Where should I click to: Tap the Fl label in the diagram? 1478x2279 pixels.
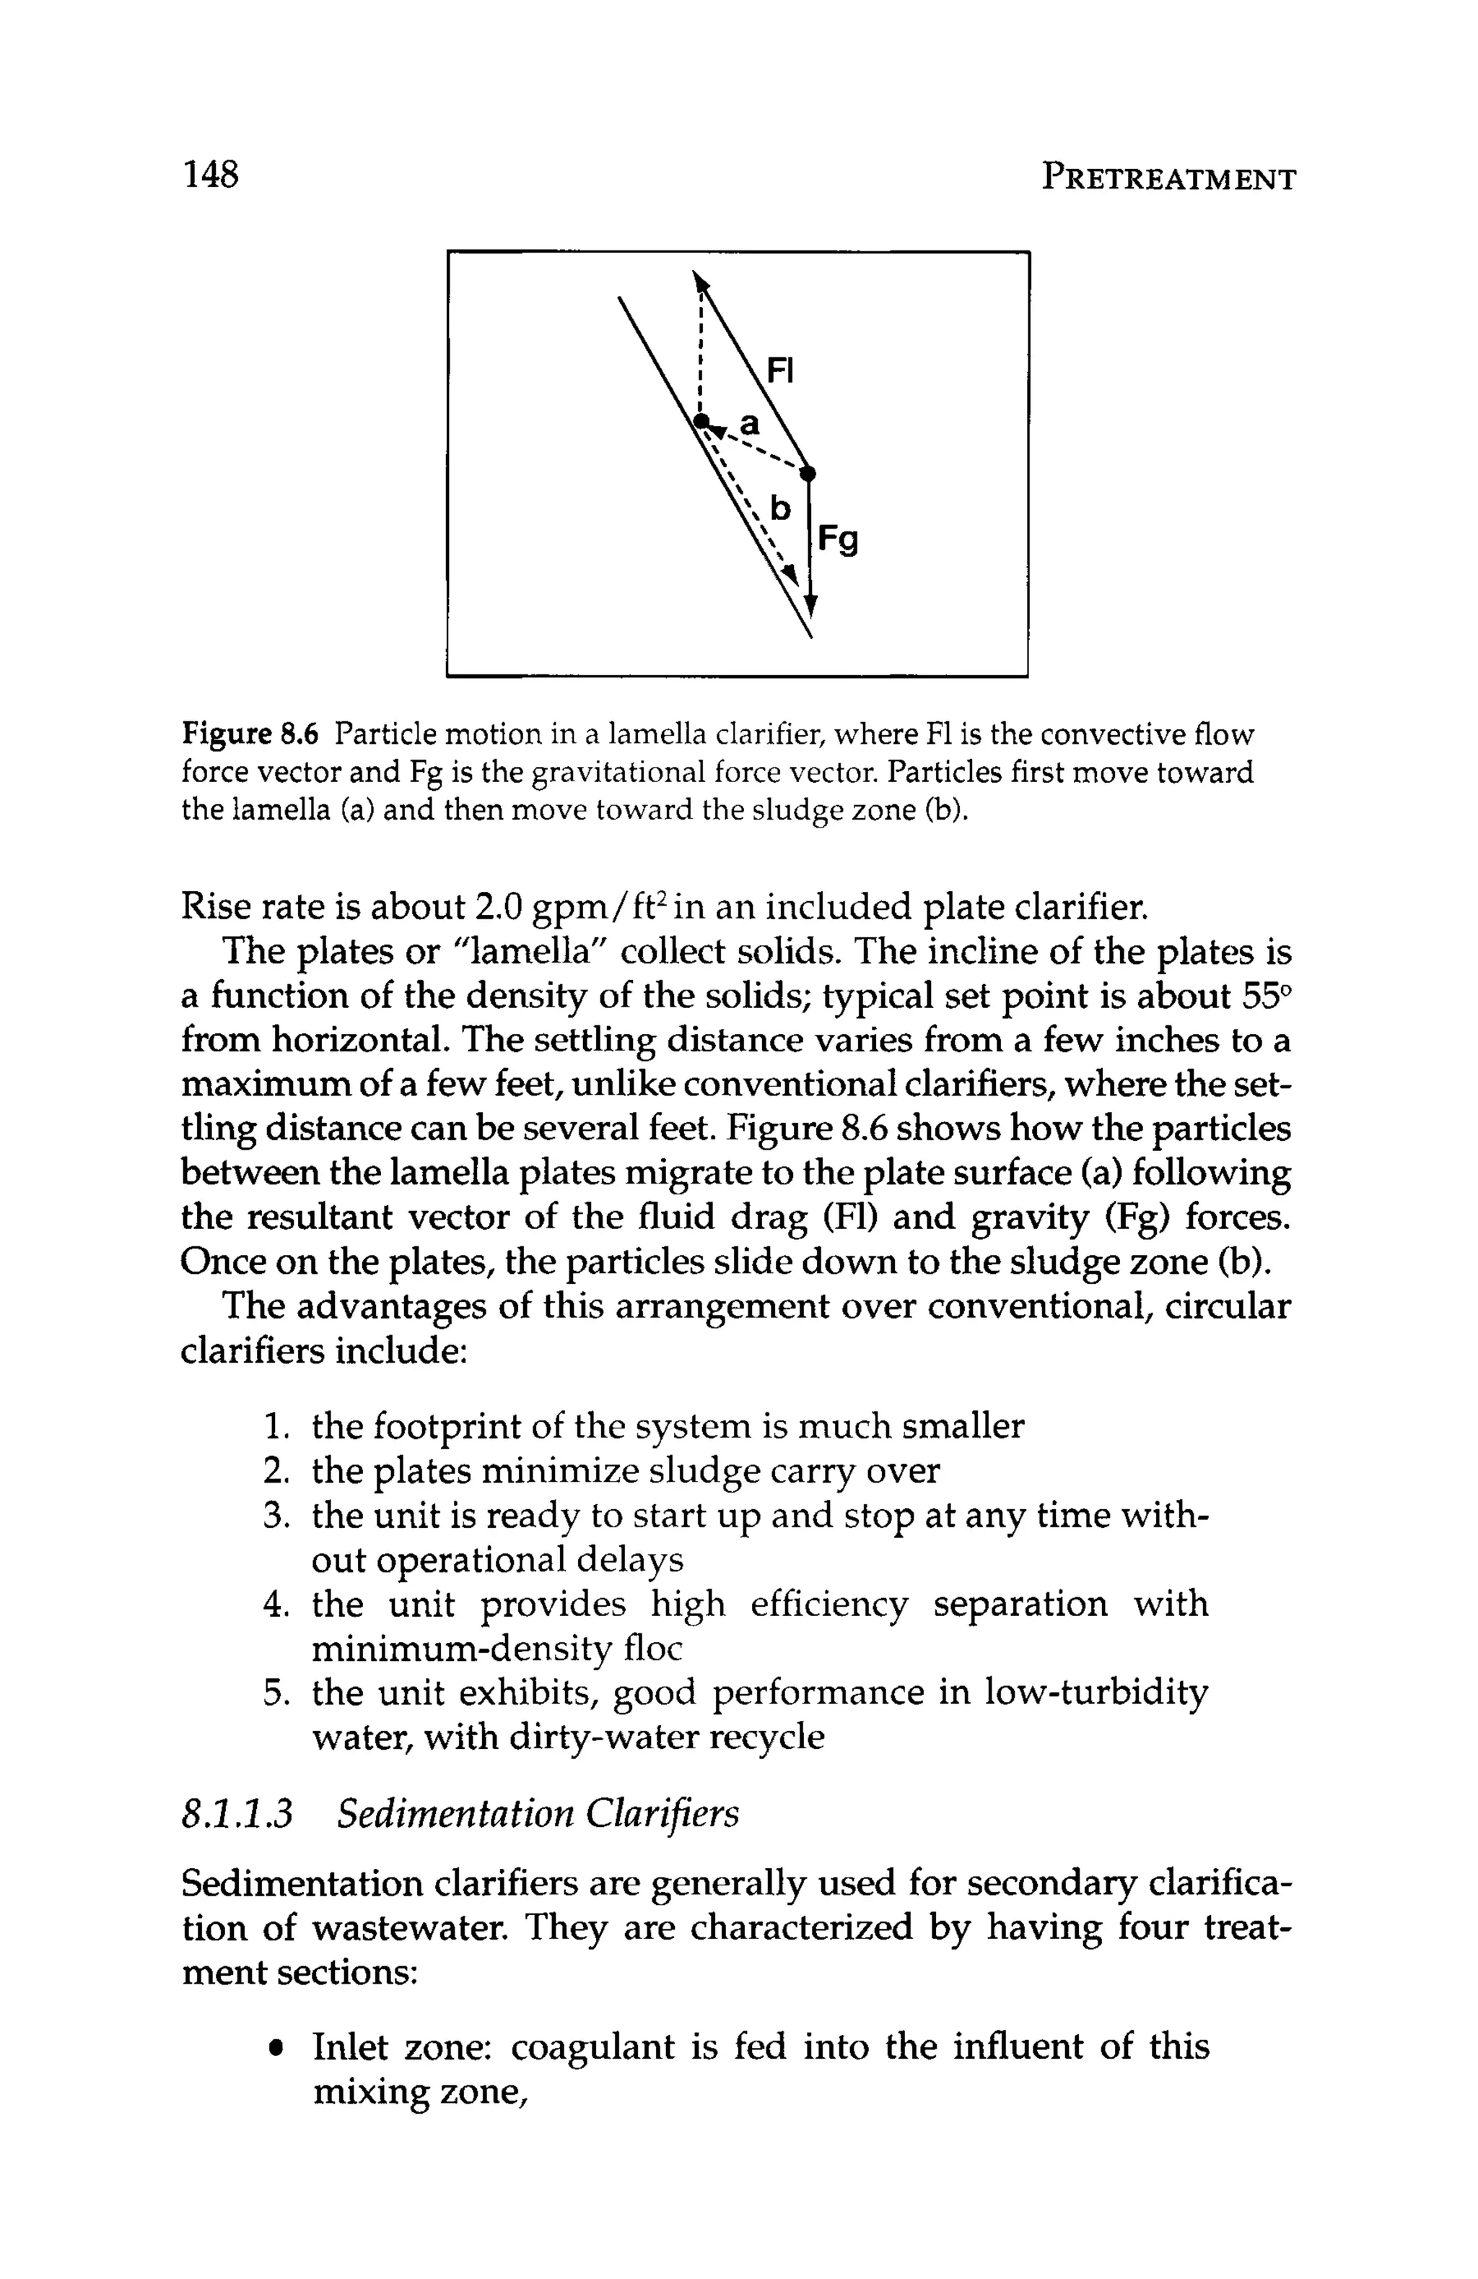[781, 370]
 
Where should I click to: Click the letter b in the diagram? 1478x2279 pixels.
[781, 508]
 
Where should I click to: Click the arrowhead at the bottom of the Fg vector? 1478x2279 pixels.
[810, 605]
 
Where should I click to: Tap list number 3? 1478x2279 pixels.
[276, 1516]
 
